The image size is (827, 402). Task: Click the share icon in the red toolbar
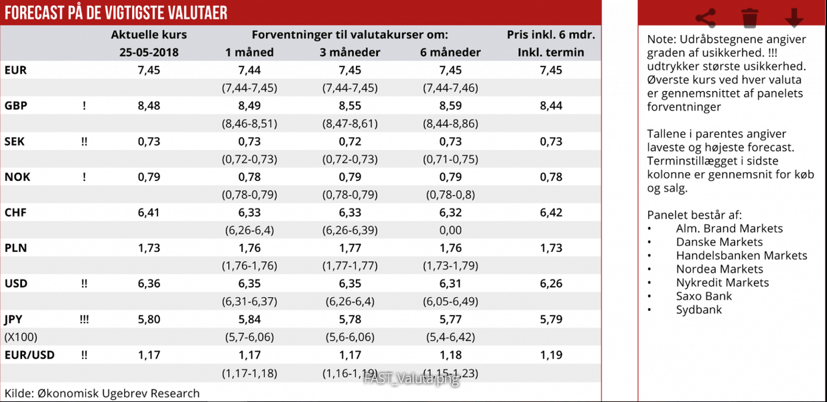click(705, 17)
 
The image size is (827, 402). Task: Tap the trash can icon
click(750, 17)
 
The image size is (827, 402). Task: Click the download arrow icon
click(794, 17)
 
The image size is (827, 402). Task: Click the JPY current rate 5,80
click(149, 319)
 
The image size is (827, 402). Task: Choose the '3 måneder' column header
click(350, 52)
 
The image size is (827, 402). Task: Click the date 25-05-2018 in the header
click(149, 52)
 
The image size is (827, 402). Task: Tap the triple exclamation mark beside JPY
click(84, 319)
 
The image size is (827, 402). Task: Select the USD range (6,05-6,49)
click(450, 301)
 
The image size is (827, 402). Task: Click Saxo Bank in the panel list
click(704, 296)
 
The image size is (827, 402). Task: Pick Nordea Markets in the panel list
click(719, 269)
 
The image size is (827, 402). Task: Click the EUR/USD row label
click(29, 354)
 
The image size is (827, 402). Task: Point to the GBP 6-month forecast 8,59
click(450, 105)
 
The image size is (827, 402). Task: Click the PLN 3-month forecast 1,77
click(350, 248)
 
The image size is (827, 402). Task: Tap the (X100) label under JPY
click(21, 337)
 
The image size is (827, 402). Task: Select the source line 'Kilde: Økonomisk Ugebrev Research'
click(102, 393)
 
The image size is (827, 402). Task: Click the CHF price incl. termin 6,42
click(551, 212)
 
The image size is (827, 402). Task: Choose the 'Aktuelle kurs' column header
click(149, 35)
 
